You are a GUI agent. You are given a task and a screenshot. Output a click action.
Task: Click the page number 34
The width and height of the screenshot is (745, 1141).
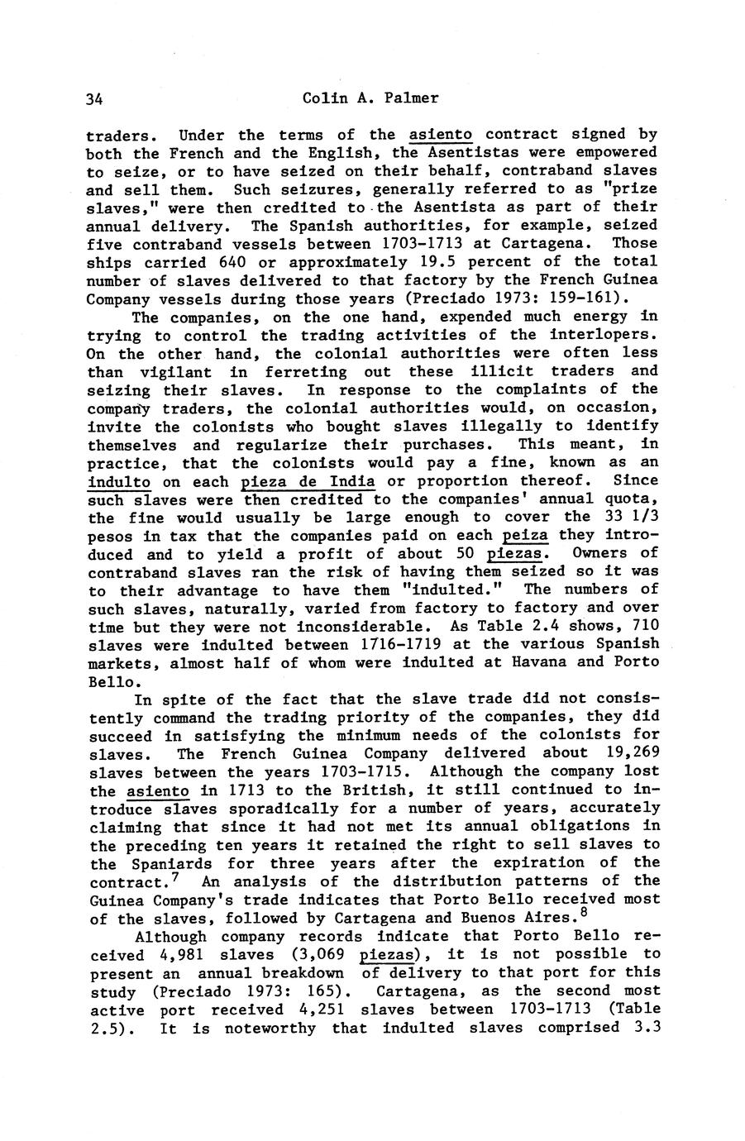[93, 99]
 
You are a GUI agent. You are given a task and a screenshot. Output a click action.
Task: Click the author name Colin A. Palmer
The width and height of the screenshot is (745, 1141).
[370, 98]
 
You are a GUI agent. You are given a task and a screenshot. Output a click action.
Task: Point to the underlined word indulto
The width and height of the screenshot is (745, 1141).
[119, 481]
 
